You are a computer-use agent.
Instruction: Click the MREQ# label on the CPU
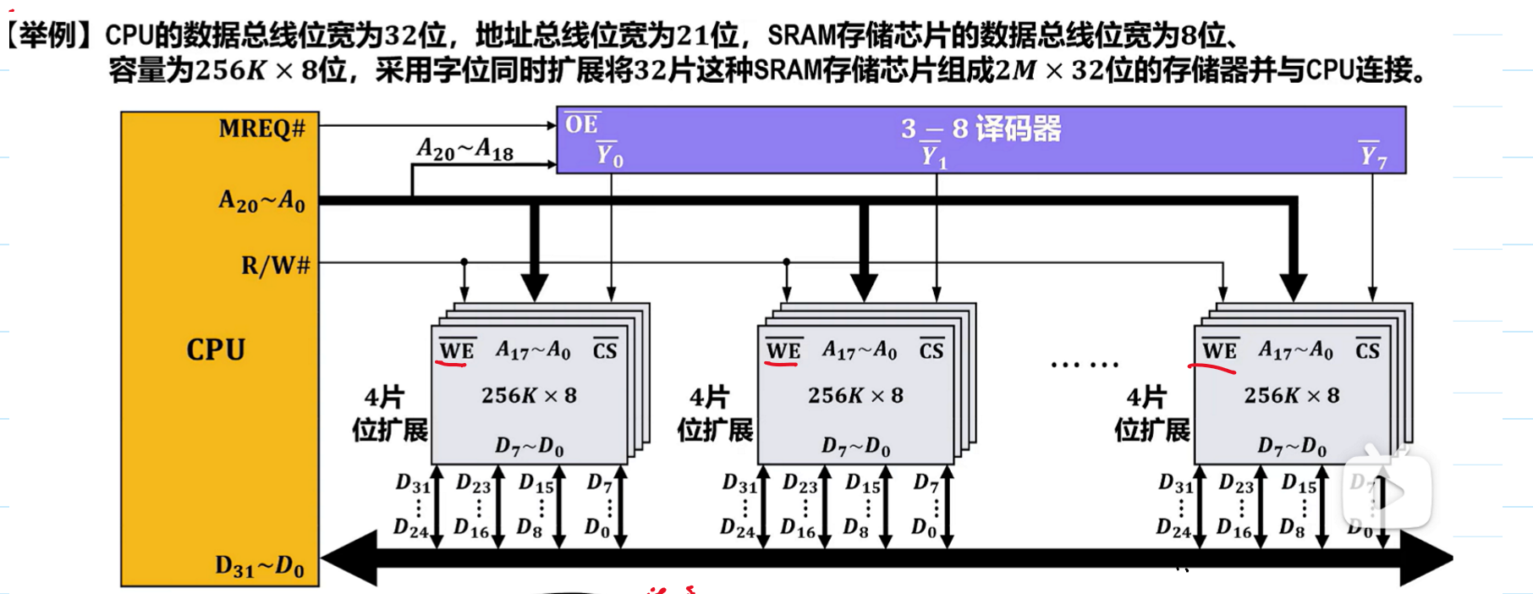click(x=261, y=129)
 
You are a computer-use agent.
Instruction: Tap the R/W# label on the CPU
click(x=275, y=266)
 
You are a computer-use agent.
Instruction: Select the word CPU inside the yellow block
click(x=216, y=349)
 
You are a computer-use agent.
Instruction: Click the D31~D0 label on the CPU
click(x=259, y=566)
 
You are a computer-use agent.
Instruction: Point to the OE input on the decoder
click(x=581, y=124)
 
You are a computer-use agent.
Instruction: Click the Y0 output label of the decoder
click(x=609, y=155)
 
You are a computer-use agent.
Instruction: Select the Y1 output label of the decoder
click(x=933, y=156)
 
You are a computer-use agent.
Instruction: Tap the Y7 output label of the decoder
click(x=1372, y=155)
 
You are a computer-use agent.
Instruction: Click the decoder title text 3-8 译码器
click(x=981, y=129)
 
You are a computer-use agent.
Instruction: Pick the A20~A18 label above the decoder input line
click(x=464, y=150)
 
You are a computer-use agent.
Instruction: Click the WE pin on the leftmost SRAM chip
click(x=457, y=350)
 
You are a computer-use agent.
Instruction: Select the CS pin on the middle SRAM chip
click(x=931, y=350)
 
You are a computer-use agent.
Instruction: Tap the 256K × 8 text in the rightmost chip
click(x=1291, y=395)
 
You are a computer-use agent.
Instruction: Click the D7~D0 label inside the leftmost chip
click(x=529, y=446)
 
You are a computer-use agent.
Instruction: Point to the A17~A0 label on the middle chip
click(x=859, y=349)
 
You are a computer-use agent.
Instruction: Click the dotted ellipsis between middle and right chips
click(x=1084, y=365)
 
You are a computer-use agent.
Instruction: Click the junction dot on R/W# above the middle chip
click(x=786, y=262)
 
